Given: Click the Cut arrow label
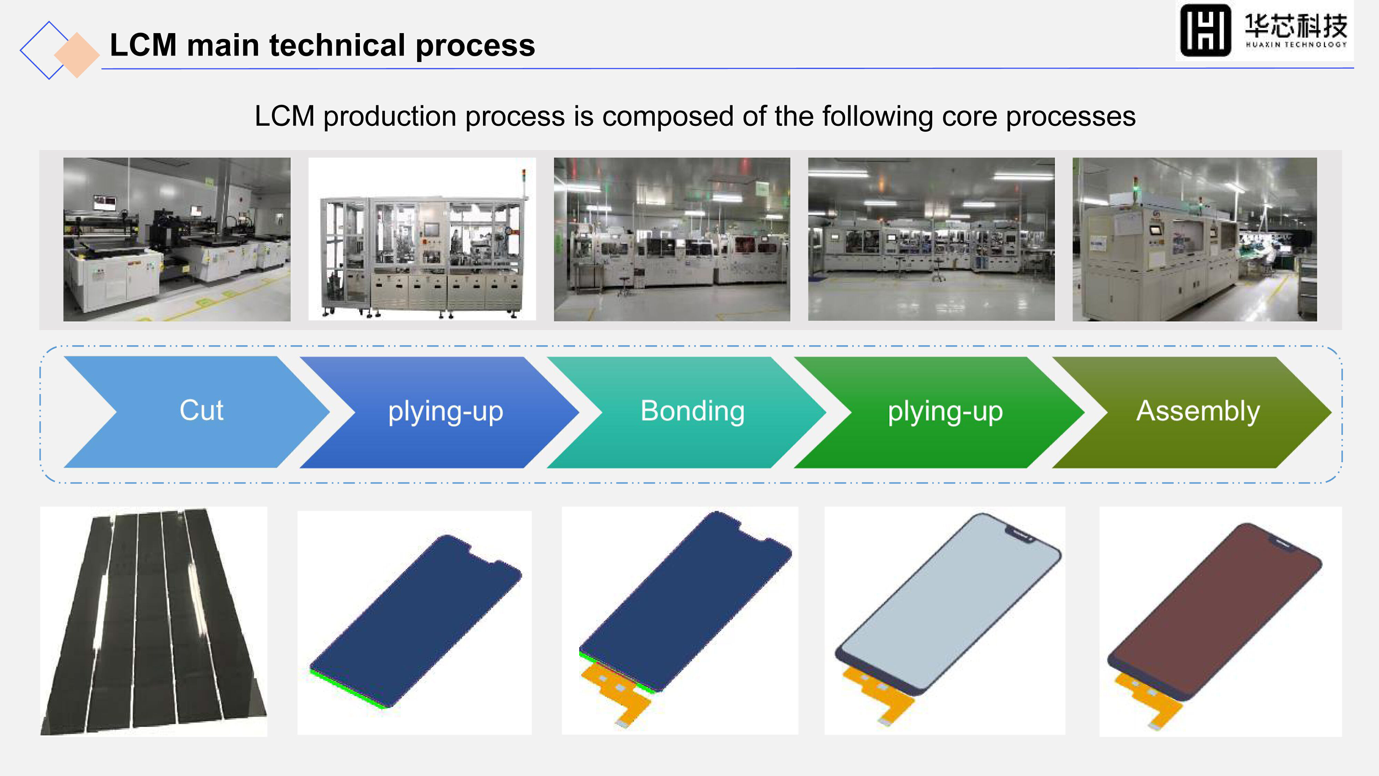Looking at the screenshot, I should click(x=201, y=411).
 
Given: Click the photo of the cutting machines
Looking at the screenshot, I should click(x=177, y=239).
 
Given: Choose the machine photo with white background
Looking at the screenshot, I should click(x=422, y=239).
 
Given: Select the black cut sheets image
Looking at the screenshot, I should click(x=154, y=621).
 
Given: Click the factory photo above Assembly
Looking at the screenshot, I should click(x=1194, y=239).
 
